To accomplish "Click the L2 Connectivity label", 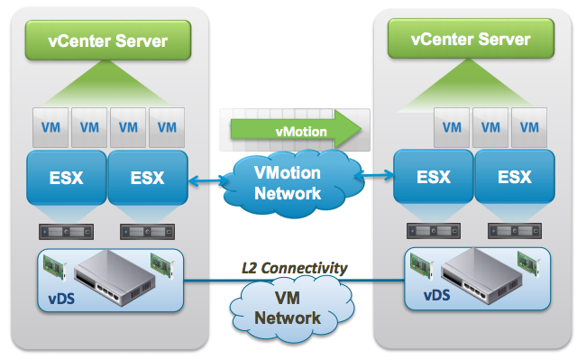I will pyautogui.click(x=295, y=268).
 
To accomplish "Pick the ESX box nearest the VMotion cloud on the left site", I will pyautogui.click(x=147, y=178).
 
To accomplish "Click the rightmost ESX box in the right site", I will pyautogui.click(x=514, y=178).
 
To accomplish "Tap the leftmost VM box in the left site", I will pyautogui.click(x=50, y=126).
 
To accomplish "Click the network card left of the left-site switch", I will pyautogui.click(x=56, y=266).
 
